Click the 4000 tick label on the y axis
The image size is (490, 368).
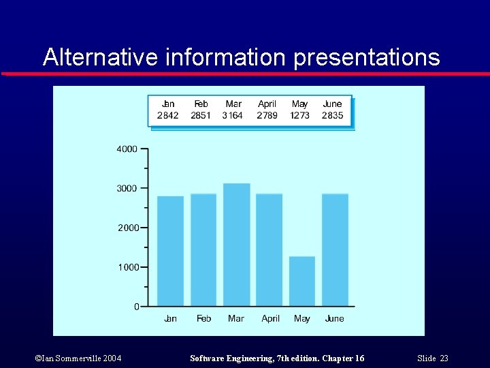point(127,149)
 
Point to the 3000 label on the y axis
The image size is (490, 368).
point(127,188)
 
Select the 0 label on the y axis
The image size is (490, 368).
point(136,307)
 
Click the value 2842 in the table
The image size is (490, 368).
point(168,115)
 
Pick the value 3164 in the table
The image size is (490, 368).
point(233,115)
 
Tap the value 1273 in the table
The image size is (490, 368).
point(299,115)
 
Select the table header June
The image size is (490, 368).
point(332,104)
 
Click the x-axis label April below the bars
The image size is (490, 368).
point(271,318)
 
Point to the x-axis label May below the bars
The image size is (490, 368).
point(302,318)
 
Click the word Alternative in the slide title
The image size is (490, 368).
point(101,57)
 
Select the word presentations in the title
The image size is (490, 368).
point(367,57)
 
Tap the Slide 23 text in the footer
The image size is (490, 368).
point(434,358)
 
